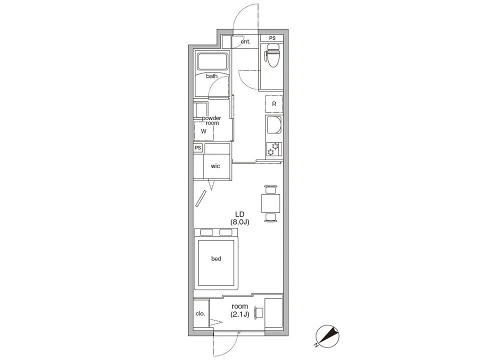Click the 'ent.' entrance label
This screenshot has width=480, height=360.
tap(245, 41)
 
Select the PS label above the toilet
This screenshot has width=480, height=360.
tap(272, 38)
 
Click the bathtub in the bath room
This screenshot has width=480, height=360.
tap(213, 61)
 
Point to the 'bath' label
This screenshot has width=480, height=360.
tap(212, 76)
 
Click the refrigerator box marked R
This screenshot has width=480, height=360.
tap(274, 104)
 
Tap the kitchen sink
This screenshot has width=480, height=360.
tap(274, 124)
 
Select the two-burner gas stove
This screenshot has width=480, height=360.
tap(273, 149)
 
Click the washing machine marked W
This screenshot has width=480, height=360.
tap(203, 131)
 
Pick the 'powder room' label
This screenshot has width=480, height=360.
tap(211, 120)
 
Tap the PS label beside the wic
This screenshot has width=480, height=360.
tap(198, 148)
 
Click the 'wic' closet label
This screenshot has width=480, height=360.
tap(215, 166)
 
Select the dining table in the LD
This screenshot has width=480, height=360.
tap(271, 203)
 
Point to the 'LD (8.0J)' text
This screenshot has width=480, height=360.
tap(239, 218)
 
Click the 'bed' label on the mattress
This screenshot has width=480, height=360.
tap(216, 258)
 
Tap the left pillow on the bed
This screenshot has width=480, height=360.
tap(206, 232)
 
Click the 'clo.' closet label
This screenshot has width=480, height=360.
tap(200, 314)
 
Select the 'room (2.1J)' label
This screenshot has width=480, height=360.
tap(239, 310)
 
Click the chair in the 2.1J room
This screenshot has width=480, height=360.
tap(258, 313)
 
